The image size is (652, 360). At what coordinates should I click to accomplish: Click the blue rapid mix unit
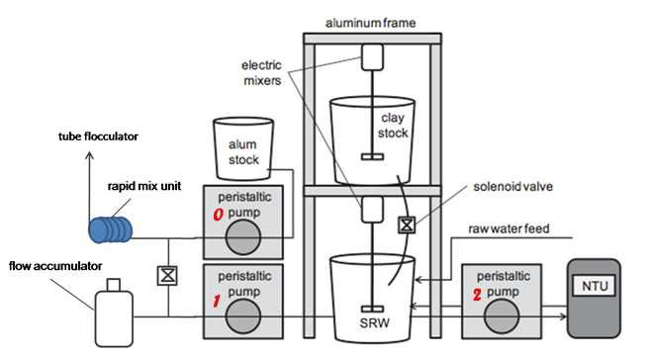click(x=110, y=229)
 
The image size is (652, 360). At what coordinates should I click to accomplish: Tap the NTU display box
click(x=595, y=286)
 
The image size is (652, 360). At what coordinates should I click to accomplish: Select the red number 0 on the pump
click(x=219, y=214)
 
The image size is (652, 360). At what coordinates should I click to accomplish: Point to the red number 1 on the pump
click(x=217, y=301)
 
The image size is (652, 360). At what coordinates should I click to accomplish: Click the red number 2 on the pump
click(x=477, y=295)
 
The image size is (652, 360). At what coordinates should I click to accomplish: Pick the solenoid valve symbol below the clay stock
click(x=407, y=225)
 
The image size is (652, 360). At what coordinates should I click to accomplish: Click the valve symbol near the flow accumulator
click(x=167, y=275)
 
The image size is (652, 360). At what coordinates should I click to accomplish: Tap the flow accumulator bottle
click(x=114, y=314)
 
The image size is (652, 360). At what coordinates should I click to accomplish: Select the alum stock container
click(x=243, y=148)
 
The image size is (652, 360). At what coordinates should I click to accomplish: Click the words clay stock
click(x=393, y=126)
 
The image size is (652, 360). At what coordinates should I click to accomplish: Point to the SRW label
click(x=374, y=323)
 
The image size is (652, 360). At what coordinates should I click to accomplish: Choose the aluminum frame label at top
click(x=370, y=23)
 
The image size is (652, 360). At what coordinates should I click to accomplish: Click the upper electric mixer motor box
click(x=372, y=57)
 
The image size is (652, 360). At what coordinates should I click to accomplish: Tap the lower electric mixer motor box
click(x=372, y=210)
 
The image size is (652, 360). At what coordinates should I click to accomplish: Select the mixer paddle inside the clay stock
click(x=372, y=156)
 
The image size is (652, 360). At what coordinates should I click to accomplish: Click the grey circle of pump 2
click(x=502, y=315)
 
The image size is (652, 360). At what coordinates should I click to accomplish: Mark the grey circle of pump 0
click(x=243, y=237)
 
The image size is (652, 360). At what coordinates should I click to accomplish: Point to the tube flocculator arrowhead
click(x=89, y=155)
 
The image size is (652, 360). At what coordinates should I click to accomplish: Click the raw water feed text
click(x=509, y=228)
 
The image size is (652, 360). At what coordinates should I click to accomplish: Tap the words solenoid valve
click(x=513, y=186)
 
